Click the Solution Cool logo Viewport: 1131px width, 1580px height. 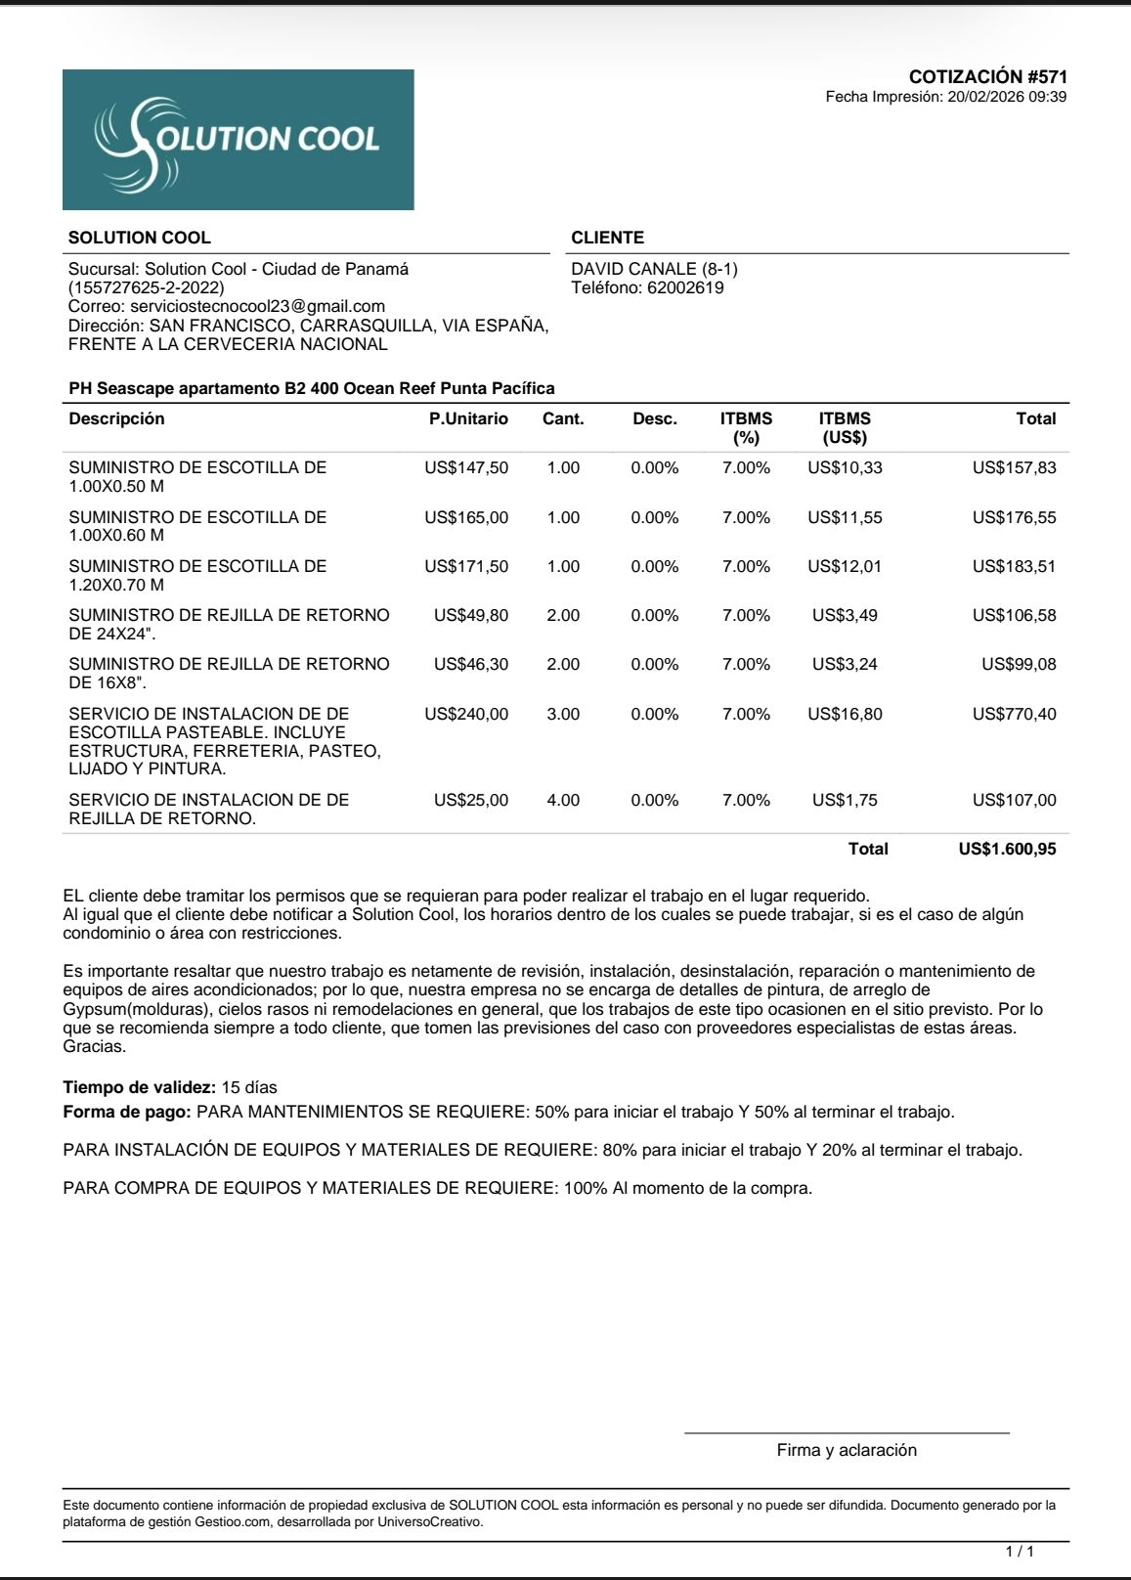(x=238, y=140)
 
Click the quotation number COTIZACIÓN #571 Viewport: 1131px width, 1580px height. (x=987, y=76)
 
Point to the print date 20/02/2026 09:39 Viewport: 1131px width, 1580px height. (x=1007, y=97)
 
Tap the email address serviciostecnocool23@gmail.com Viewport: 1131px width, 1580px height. (x=258, y=306)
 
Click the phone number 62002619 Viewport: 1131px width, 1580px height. (x=685, y=287)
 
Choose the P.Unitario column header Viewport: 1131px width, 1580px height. (x=468, y=418)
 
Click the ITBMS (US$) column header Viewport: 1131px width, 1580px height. (x=845, y=427)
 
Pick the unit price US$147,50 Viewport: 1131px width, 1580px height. (x=466, y=467)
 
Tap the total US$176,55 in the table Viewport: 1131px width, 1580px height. (x=1014, y=517)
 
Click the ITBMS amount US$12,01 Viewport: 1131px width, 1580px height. (x=845, y=566)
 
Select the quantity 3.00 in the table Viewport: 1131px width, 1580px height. (x=563, y=714)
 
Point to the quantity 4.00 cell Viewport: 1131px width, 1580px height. (x=563, y=800)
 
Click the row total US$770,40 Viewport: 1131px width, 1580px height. (x=1014, y=714)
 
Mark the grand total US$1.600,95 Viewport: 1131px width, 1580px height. (x=1007, y=849)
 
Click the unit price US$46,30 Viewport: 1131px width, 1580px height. (x=470, y=664)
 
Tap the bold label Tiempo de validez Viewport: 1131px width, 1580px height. (x=139, y=1087)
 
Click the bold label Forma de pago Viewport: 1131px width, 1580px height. (x=127, y=1112)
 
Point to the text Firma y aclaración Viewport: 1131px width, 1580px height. (x=847, y=1450)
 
